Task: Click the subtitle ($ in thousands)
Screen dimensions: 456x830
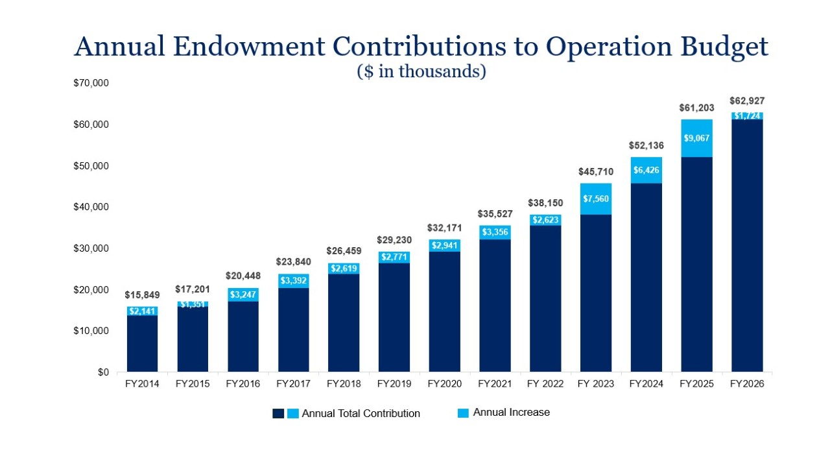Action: [421, 71]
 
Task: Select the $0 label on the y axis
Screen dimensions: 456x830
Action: [103, 372]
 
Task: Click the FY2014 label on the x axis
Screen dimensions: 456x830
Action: [142, 384]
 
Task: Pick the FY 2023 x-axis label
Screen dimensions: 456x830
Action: [596, 384]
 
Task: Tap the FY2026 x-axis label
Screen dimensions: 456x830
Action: [747, 384]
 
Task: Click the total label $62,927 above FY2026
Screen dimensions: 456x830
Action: [747, 101]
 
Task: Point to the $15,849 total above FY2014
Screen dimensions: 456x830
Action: [142, 294]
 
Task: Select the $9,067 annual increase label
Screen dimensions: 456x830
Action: [696, 138]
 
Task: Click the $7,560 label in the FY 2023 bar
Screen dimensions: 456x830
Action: [596, 198]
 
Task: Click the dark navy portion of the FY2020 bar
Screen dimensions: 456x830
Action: [444, 311]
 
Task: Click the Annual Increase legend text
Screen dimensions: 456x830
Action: [511, 413]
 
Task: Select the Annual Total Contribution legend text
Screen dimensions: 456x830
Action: [361, 413]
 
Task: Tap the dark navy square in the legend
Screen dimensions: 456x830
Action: [278, 413]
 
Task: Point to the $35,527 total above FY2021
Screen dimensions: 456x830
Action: [495, 213]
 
